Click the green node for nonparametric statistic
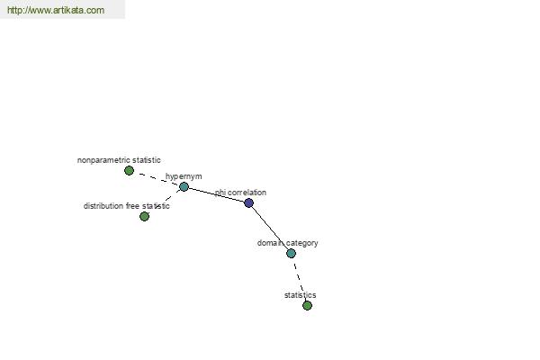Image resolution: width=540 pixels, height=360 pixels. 129,170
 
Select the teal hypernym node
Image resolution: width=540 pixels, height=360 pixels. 184,186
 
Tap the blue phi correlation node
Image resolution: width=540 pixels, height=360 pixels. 248,202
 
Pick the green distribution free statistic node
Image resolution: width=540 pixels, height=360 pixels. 145,216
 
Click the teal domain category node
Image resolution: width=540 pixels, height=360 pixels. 291,253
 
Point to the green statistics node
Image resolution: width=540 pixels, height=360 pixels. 307,305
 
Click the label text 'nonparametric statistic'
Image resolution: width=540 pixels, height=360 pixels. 119,160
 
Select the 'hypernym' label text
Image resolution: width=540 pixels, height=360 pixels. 184,176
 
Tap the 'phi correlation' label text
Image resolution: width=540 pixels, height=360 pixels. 240,193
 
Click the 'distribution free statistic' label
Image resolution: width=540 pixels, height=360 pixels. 126,206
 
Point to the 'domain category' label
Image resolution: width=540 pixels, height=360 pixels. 288,243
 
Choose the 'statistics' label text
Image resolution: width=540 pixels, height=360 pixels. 300,295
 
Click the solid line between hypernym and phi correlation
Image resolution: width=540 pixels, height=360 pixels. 216,194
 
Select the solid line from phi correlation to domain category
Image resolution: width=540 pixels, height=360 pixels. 270,227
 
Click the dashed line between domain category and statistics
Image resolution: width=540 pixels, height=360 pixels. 299,278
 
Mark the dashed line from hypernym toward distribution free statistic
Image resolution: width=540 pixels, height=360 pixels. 169,198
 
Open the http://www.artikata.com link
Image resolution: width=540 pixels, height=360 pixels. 56,10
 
